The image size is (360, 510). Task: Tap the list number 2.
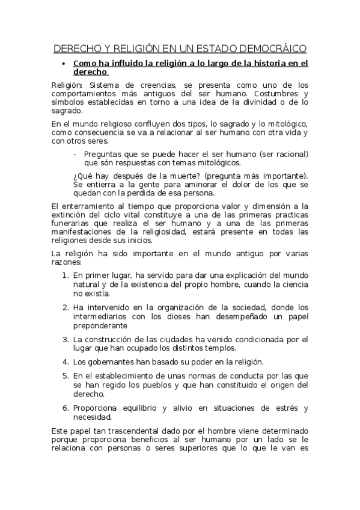click(65, 307)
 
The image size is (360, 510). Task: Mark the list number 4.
click(65, 361)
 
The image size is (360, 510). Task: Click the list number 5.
click(65, 376)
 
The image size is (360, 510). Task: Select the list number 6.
click(65, 408)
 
